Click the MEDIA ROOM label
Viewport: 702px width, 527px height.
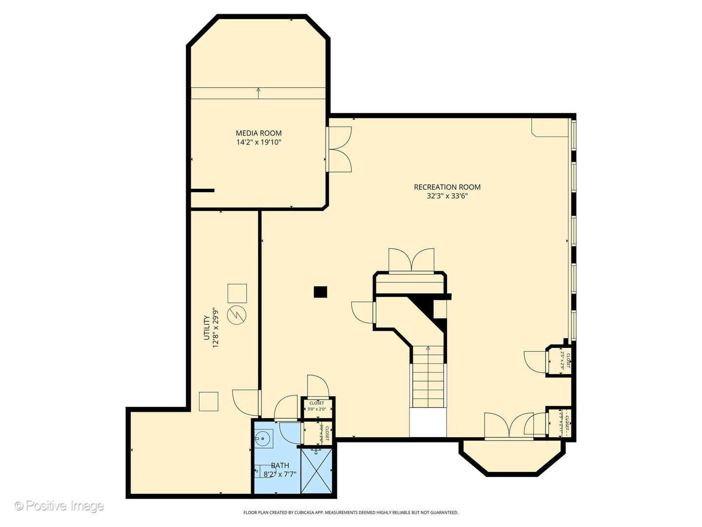[258, 133]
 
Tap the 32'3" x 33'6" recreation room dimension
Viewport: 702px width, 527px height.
[447, 196]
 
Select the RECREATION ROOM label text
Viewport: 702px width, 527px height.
[447, 187]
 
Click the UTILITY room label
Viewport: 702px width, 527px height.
[207, 327]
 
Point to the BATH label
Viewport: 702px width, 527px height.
[280, 466]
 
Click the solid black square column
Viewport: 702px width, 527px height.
[320, 292]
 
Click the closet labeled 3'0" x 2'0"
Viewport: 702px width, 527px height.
[317, 406]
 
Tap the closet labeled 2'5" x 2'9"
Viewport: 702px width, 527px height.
[559, 361]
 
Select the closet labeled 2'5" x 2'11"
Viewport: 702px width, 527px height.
[559, 423]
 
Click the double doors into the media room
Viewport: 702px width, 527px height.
[339, 149]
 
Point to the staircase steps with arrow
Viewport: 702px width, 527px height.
[428, 377]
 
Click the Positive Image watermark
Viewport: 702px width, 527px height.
[59, 506]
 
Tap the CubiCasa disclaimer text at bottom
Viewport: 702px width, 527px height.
[351, 512]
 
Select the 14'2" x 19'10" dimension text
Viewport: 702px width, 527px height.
[258, 142]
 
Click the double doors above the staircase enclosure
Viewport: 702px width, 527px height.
[411, 260]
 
